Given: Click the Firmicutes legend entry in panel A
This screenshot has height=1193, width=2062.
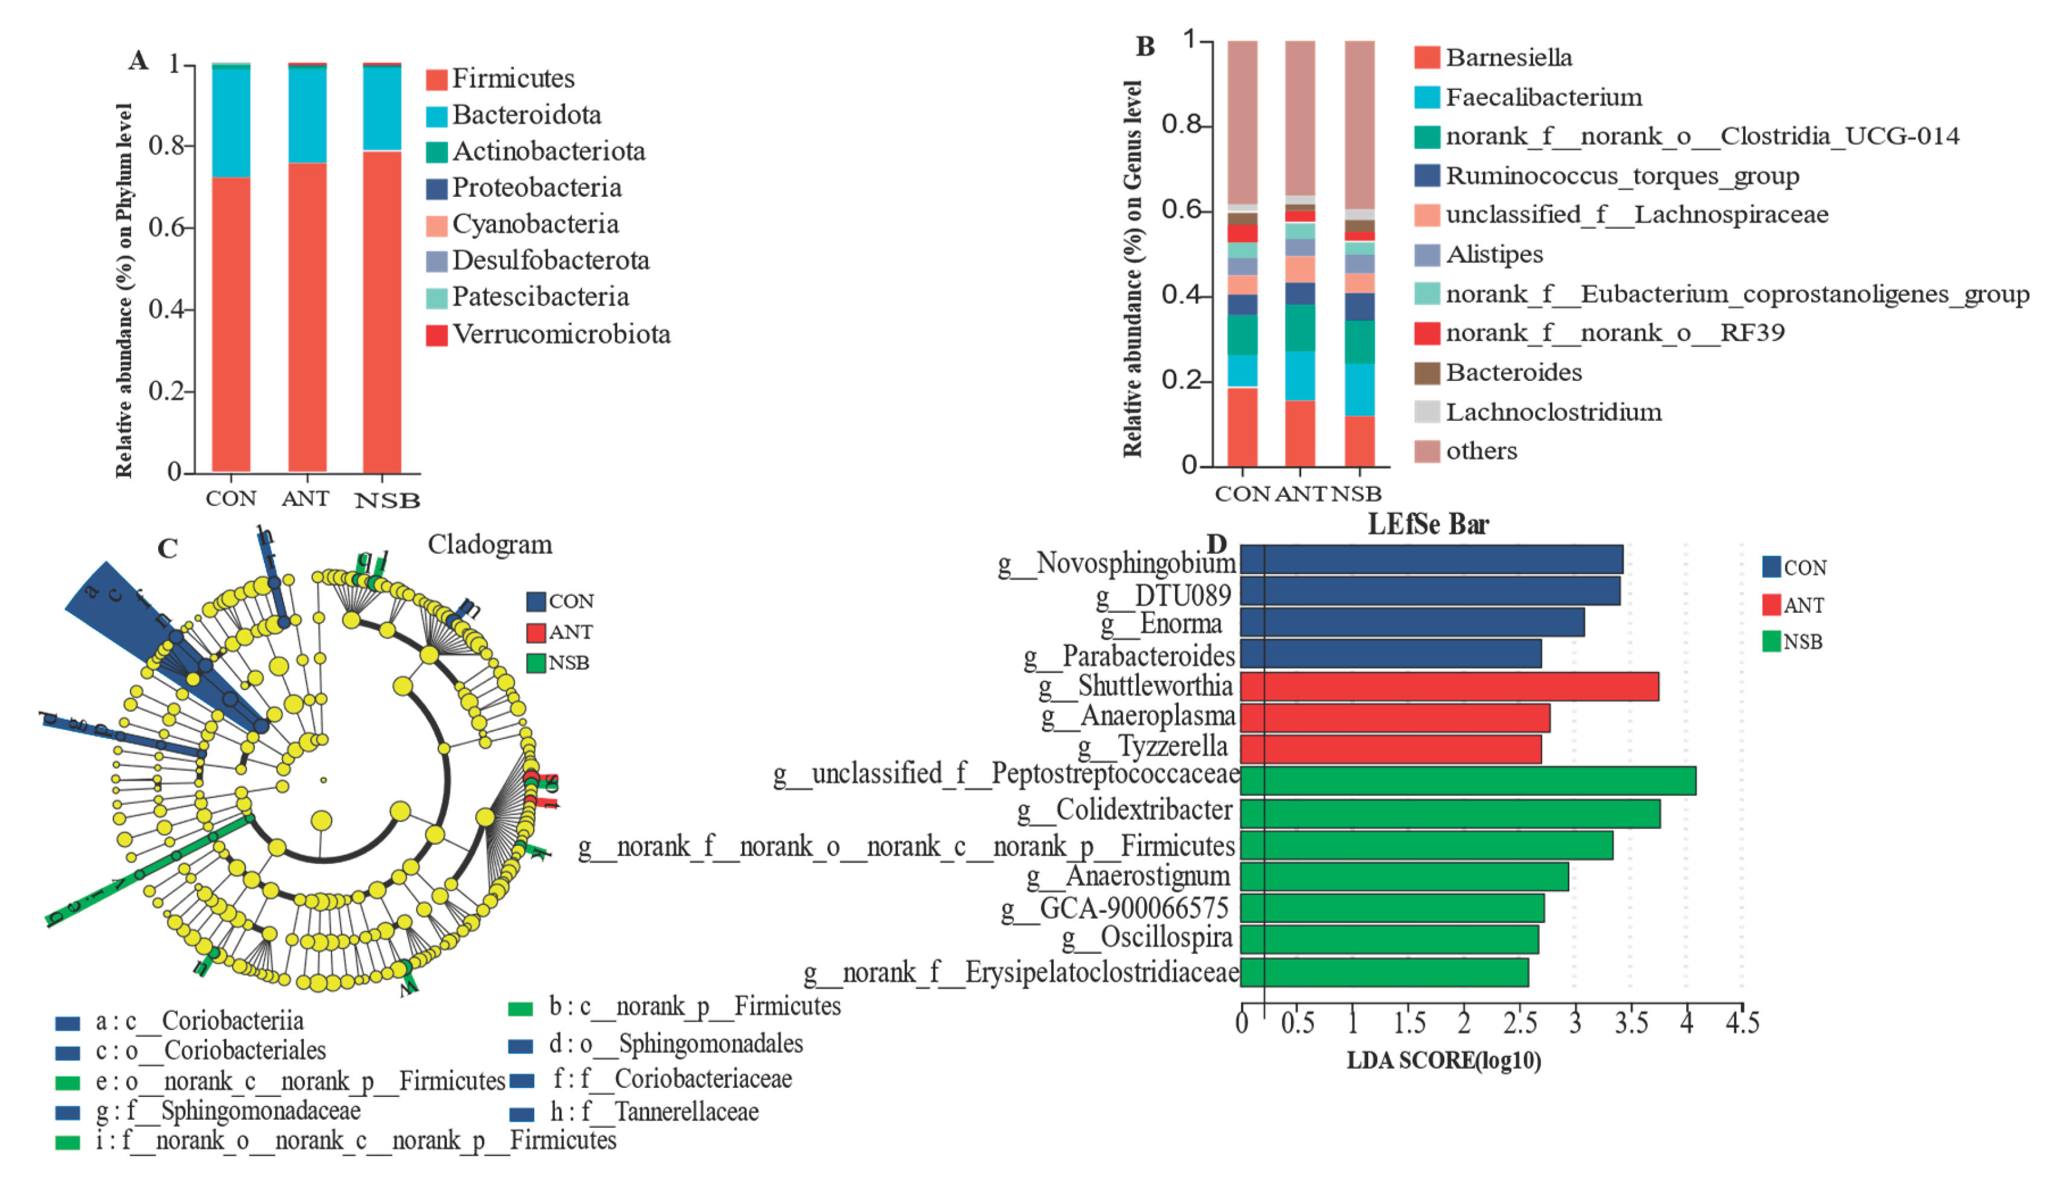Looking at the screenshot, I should tap(513, 78).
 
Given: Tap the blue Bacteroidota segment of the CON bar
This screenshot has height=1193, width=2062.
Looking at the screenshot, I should tap(231, 123).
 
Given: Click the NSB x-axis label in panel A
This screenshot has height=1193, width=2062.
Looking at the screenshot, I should tap(387, 500).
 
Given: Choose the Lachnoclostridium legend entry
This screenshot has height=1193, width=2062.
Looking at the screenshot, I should tap(1552, 412).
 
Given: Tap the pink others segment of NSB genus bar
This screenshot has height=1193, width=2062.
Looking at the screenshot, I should tap(1359, 123).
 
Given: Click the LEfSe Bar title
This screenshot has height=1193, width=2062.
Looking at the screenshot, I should tap(1428, 523).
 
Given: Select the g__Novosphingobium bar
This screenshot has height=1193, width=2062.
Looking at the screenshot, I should tap(1431, 560).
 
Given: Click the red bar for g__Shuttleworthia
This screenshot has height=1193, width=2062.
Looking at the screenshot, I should tap(1449, 686).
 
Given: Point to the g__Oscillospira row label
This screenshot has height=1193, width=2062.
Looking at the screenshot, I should tap(1147, 938).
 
